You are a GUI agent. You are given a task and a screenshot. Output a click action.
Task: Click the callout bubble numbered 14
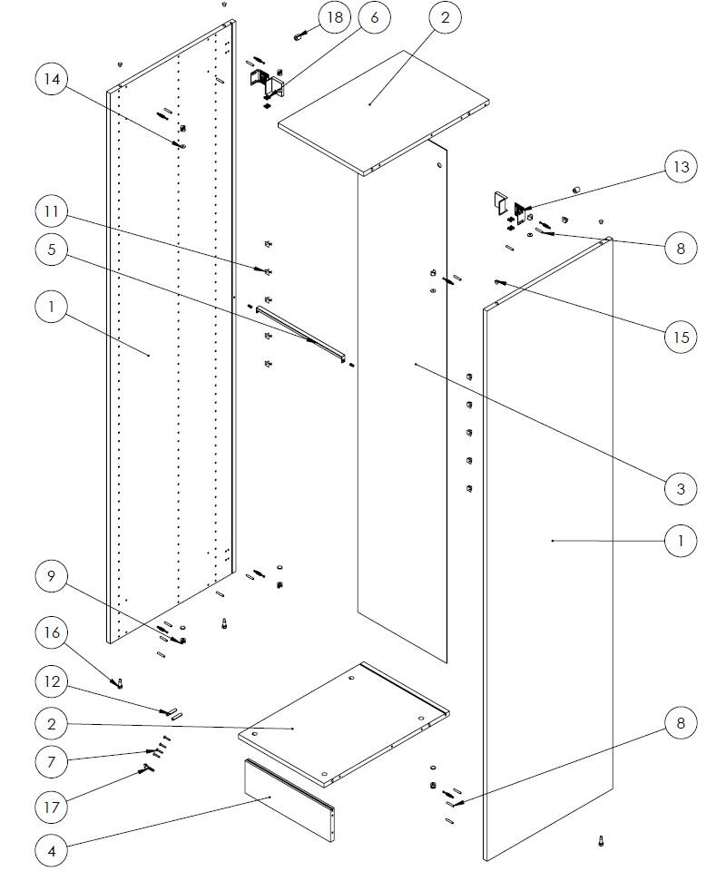pyautogui.click(x=53, y=80)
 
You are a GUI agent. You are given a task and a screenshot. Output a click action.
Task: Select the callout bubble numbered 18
pyautogui.click(x=336, y=18)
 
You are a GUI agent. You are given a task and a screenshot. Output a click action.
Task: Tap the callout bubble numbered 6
pyautogui.click(x=375, y=18)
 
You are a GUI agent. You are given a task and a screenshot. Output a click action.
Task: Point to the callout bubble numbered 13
pyautogui.click(x=681, y=167)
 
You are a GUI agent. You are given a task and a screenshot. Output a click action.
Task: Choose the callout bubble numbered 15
pyautogui.click(x=681, y=337)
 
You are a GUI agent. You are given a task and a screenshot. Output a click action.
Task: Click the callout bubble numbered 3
pyautogui.click(x=681, y=488)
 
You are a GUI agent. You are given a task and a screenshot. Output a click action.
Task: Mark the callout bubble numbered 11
pyautogui.click(x=53, y=211)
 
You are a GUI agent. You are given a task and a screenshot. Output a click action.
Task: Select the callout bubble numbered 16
pyautogui.click(x=53, y=632)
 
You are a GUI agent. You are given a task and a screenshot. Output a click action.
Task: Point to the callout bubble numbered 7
pyautogui.click(x=53, y=760)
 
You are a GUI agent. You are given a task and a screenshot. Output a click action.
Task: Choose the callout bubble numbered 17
pyautogui.click(x=53, y=805)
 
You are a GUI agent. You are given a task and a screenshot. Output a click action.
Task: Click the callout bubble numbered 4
pyautogui.click(x=53, y=851)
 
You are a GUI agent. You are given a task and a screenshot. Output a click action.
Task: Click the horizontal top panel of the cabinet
pyautogui.click(x=381, y=109)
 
